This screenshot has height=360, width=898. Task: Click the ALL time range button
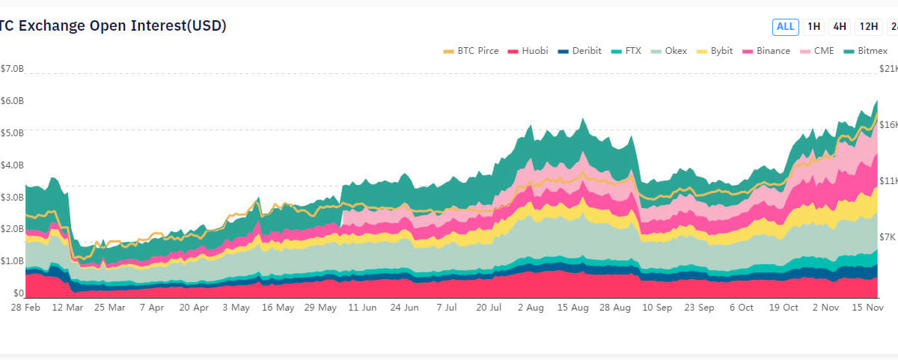click(785, 27)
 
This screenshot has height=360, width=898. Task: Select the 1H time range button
click(814, 27)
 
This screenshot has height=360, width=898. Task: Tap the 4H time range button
click(840, 27)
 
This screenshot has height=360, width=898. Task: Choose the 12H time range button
click(869, 27)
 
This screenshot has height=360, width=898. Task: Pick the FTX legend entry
click(626, 51)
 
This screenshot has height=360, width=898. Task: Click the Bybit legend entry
click(715, 51)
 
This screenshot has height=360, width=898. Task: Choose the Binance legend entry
click(766, 51)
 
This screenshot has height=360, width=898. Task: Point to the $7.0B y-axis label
click(13, 69)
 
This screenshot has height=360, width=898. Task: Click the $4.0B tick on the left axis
click(13, 165)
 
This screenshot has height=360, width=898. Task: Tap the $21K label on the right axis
click(888, 69)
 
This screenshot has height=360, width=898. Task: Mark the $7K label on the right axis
click(888, 237)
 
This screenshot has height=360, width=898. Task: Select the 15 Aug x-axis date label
click(574, 308)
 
